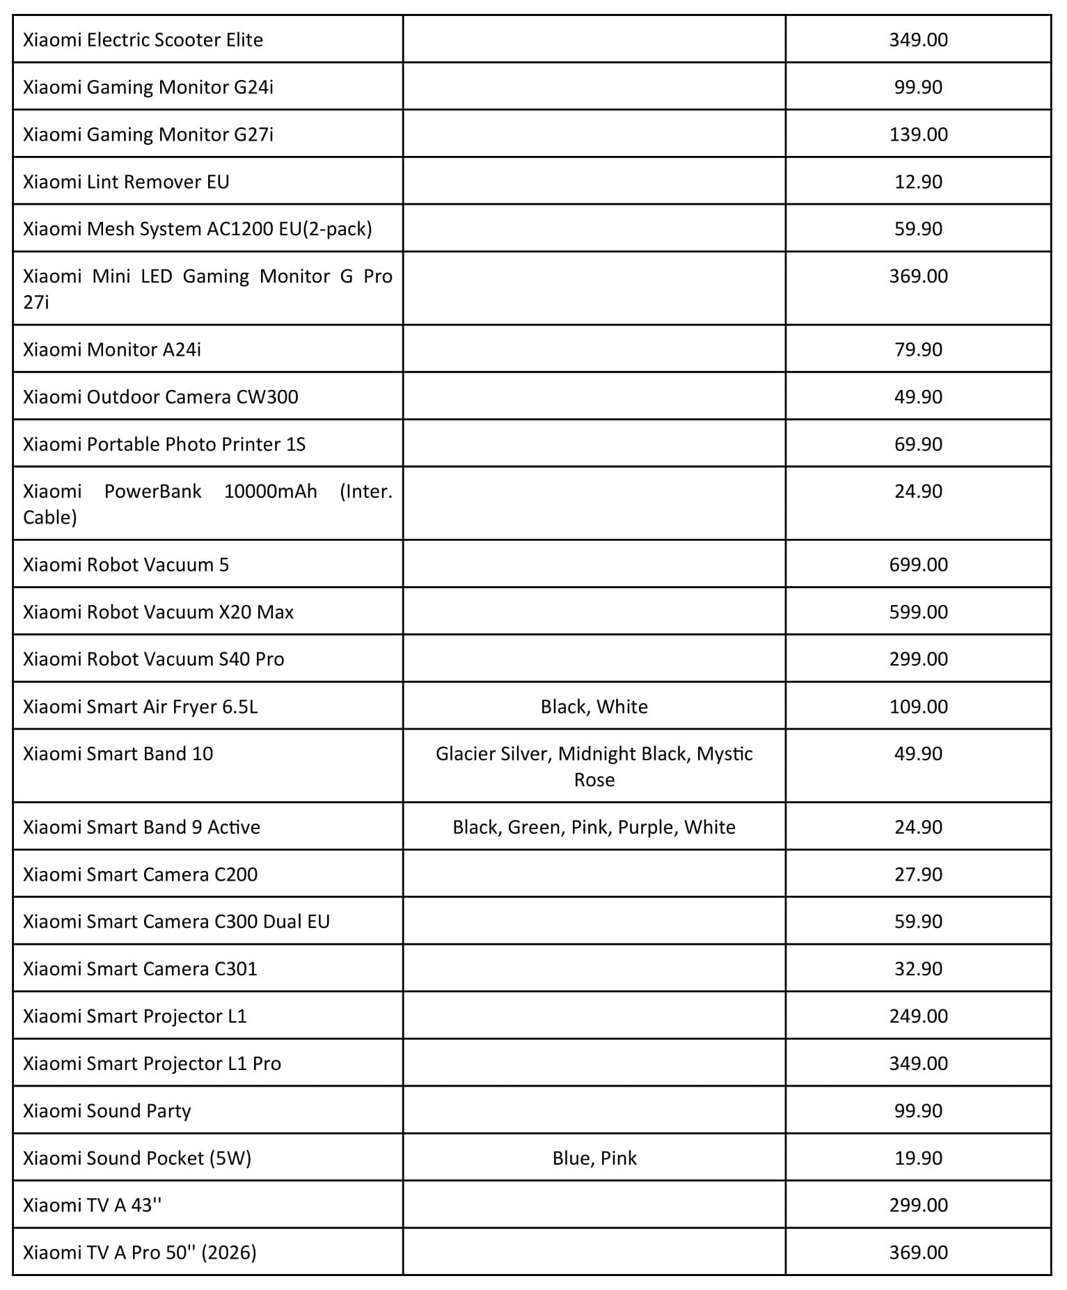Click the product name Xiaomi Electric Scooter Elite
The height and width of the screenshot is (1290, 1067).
(x=143, y=40)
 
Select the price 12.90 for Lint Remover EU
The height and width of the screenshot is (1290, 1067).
(x=918, y=182)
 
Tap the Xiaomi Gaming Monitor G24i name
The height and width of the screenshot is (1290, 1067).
(x=148, y=87)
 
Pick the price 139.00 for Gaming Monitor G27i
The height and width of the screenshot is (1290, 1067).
(x=918, y=134)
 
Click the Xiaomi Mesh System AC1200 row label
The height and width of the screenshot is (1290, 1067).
(x=197, y=229)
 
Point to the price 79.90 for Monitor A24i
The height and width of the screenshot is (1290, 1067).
(x=918, y=349)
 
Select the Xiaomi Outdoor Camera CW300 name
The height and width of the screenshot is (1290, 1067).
(x=160, y=397)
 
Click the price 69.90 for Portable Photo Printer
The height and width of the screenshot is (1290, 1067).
(x=918, y=444)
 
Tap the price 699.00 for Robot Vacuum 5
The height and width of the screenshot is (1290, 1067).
(x=918, y=565)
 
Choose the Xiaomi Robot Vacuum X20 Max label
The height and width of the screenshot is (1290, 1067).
(x=158, y=612)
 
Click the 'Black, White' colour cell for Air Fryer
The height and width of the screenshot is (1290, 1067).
(x=594, y=707)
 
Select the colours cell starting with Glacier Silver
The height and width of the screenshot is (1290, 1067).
(x=594, y=766)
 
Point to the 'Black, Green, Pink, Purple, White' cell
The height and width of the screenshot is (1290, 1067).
(x=594, y=827)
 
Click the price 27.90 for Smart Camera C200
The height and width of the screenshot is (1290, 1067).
(x=918, y=874)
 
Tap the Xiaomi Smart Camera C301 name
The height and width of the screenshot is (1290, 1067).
(x=140, y=969)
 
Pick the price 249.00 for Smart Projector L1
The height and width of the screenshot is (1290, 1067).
(x=918, y=1016)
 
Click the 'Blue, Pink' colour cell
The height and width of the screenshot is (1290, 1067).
(x=594, y=1158)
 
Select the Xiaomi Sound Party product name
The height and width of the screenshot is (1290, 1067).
(x=106, y=1111)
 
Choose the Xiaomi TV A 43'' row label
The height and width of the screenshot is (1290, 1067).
(x=92, y=1205)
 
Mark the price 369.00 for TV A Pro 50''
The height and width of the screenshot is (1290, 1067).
(x=918, y=1252)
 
